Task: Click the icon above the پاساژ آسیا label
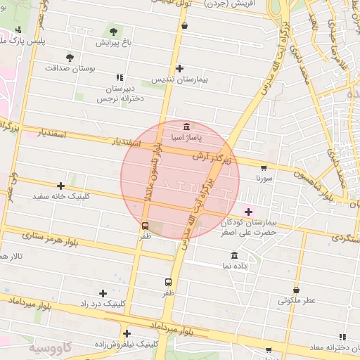coord(186,127)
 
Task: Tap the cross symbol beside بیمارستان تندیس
coord(180,69)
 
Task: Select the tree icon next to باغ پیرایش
coord(114,32)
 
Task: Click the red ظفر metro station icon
coord(145,226)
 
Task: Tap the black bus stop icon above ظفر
coord(167,281)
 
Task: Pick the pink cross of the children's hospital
coord(247,211)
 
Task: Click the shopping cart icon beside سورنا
coord(263,168)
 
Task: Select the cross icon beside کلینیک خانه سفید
coord(61,186)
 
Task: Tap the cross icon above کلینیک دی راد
coord(103,293)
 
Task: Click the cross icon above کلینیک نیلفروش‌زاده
coord(127,333)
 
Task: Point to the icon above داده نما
coord(234,255)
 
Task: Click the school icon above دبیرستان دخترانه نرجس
coord(120,77)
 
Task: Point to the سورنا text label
coord(264,179)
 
